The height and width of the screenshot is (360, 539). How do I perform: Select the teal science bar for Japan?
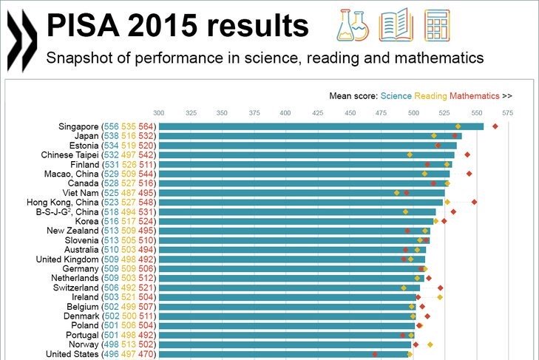point(310,136)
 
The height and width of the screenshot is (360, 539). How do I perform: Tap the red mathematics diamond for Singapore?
point(495,126)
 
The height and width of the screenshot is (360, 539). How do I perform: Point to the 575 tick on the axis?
point(506,112)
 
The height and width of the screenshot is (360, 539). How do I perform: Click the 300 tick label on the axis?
point(159,112)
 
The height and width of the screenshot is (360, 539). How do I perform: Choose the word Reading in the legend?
point(431,95)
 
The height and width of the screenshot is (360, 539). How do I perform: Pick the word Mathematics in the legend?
point(475,95)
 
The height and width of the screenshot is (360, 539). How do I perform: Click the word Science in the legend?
point(396,95)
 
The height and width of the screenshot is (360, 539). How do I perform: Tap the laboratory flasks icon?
point(353,24)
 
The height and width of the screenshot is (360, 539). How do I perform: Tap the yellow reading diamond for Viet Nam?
point(397,193)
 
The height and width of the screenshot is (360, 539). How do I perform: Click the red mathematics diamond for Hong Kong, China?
point(475,202)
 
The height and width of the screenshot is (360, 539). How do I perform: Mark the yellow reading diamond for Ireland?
point(440,297)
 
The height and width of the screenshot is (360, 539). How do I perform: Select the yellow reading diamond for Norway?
point(430,344)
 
